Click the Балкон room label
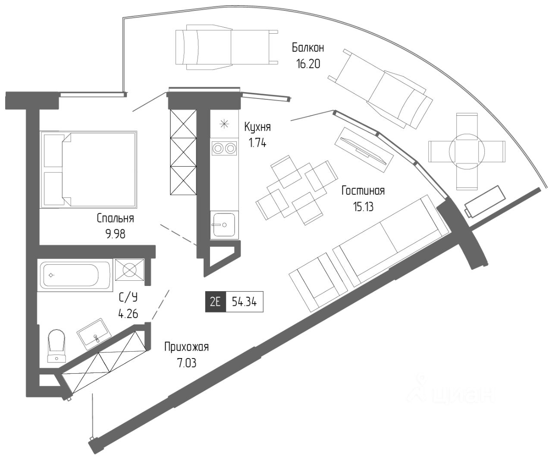308,48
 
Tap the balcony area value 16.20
308,64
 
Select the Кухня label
257,127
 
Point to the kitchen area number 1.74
257,143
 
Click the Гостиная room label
363,190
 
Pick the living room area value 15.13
363,206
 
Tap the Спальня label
115,218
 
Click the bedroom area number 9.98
115,234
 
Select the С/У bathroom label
128,298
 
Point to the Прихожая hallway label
187,347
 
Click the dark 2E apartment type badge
216,301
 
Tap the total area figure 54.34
244,302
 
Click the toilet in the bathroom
56,346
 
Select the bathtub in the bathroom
75,275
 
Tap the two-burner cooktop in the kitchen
224,148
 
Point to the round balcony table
467,151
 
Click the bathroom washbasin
94,334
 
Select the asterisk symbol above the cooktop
224,124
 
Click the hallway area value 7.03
187,363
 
